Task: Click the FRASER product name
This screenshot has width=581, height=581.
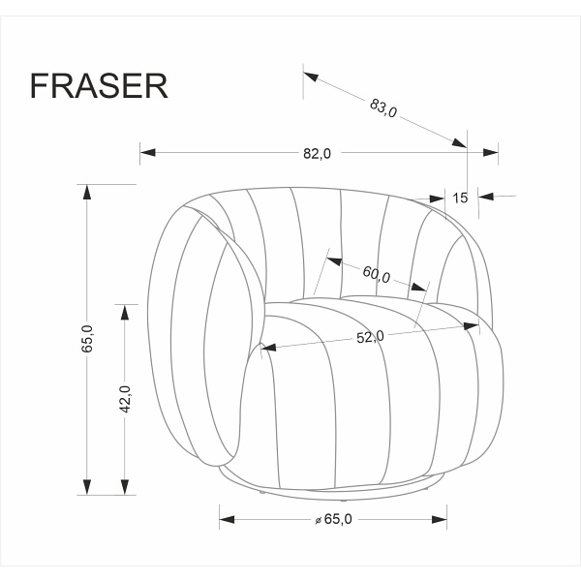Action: pos(99,85)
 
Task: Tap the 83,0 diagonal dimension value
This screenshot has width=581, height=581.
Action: pos(383,107)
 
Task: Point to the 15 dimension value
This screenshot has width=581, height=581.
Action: pos(460,198)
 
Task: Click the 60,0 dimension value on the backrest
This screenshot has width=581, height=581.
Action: pos(377,274)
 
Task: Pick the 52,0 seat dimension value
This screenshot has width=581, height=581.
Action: pos(370,336)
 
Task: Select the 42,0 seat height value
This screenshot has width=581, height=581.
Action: pos(124,399)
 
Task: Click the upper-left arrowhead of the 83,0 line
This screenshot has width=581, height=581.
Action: pos(311,74)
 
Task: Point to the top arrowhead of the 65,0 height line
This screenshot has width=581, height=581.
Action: pos(87,192)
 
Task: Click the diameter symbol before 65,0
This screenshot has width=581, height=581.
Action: pos(318,521)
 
